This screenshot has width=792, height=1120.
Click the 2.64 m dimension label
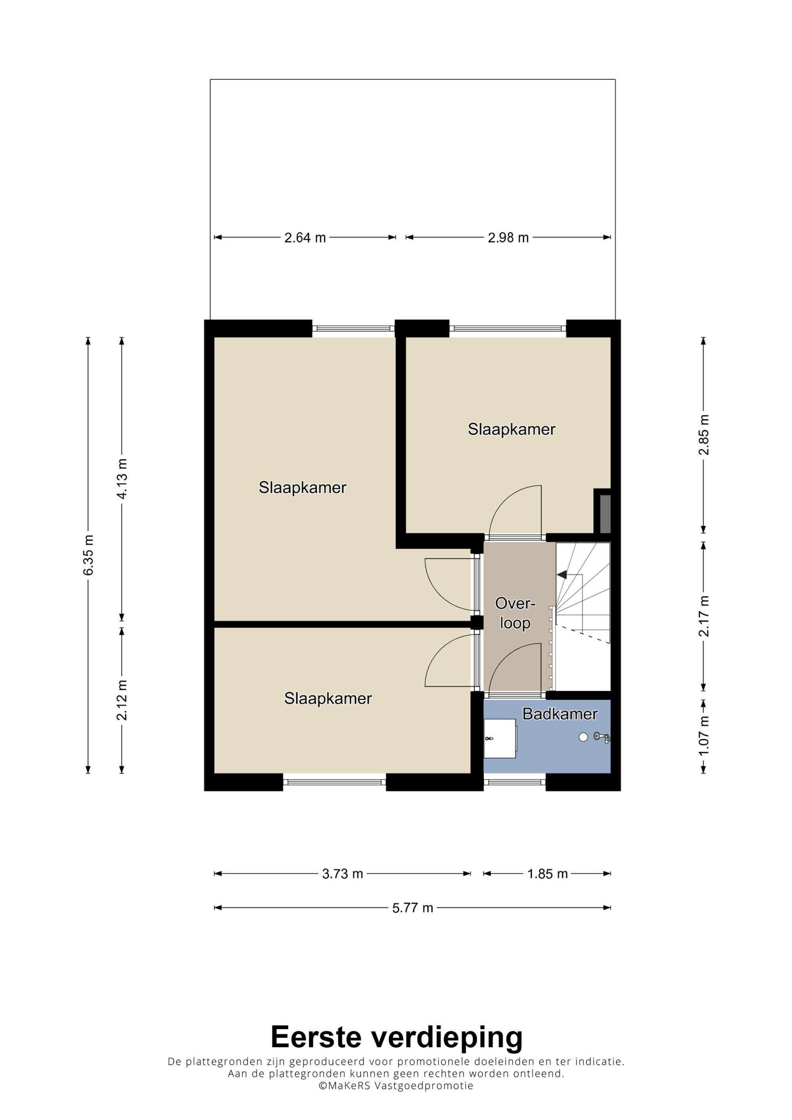tap(305, 237)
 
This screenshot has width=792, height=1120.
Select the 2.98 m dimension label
tap(508, 237)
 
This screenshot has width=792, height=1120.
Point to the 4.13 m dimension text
tap(122, 478)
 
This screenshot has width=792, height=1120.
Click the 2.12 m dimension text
tap(122, 700)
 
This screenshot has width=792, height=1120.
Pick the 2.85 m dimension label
tap(704, 435)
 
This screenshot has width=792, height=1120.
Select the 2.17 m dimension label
tap(704, 617)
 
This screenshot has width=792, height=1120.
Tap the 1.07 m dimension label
tap(704, 736)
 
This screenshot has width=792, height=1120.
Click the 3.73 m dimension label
tap(343, 874)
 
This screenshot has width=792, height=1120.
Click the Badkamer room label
tap(560, 714)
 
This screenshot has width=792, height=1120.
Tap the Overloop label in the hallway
tap(515, 613)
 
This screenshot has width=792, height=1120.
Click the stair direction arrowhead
tap(562, 575)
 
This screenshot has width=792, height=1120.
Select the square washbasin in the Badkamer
tap(500, 738)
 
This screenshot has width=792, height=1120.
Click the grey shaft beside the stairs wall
tap(605, 514)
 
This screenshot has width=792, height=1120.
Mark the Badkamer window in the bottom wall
tap(514, 782)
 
